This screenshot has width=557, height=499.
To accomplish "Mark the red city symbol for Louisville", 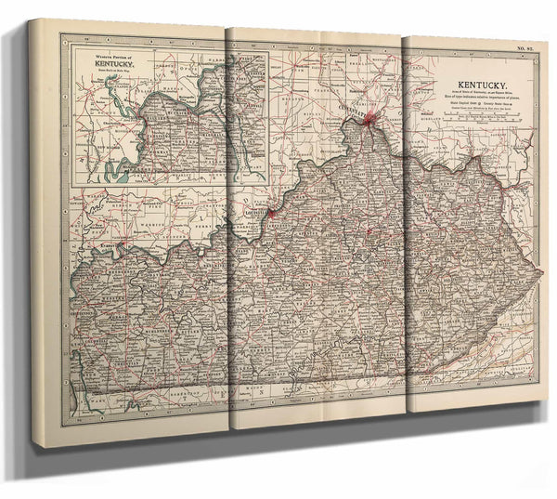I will click(270, 213).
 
